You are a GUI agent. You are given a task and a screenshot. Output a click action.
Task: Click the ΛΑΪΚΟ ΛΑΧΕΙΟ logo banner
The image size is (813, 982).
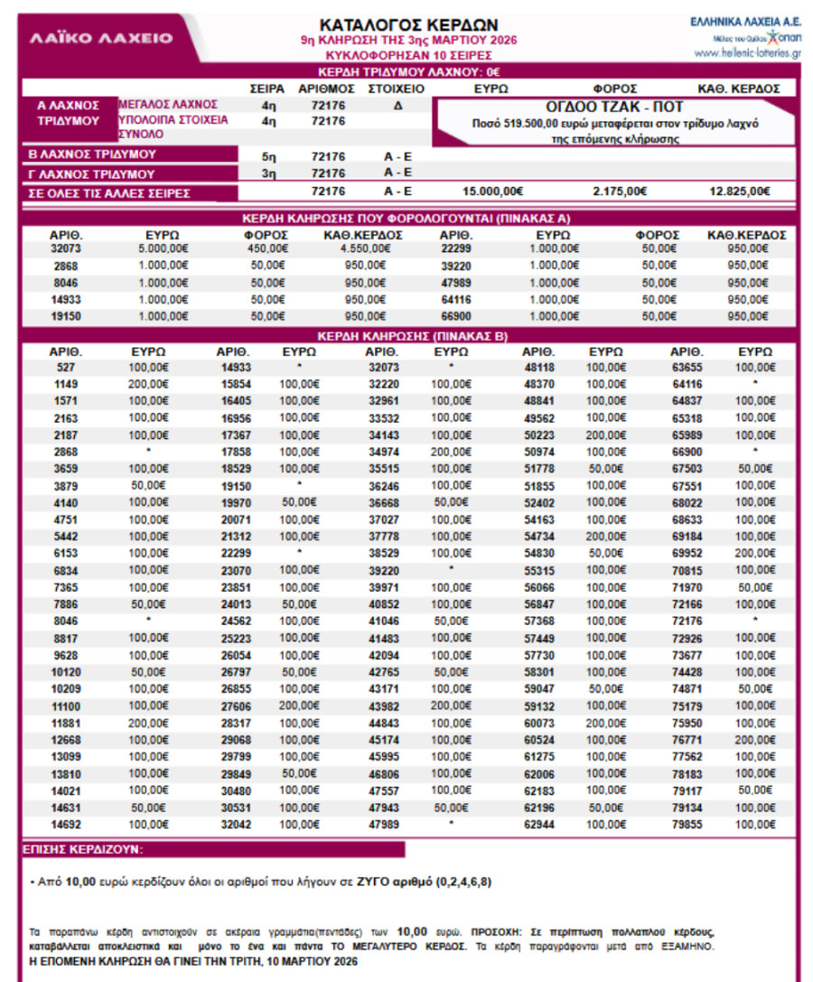click(x=101, y=38)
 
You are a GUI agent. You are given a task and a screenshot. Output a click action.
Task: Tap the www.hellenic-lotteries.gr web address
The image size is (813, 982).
click(x=748, y=53)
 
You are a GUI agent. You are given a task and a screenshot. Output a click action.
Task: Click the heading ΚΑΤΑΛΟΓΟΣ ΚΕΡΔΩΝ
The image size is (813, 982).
click(x=408, y=23)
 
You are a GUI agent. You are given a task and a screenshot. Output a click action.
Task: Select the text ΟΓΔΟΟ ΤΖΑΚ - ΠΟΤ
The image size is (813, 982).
click(x=614, y=107)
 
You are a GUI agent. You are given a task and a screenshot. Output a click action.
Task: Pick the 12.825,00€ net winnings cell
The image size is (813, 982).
click(x=740, y=191)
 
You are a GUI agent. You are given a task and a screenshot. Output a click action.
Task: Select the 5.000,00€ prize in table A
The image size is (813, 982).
click(x=164, y=248)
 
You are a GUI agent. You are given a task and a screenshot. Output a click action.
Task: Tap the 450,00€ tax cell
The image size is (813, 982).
click(x=268, y=248)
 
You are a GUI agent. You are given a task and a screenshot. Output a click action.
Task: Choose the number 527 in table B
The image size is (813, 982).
click(x=65, y=368)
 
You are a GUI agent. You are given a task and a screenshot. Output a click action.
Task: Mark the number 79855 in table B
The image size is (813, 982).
click(x=687, y=825)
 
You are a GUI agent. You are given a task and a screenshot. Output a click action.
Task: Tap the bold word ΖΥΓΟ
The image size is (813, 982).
click(x=373, y=880)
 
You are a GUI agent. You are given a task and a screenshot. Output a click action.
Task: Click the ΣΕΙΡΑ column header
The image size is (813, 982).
click(x=266, y=89)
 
